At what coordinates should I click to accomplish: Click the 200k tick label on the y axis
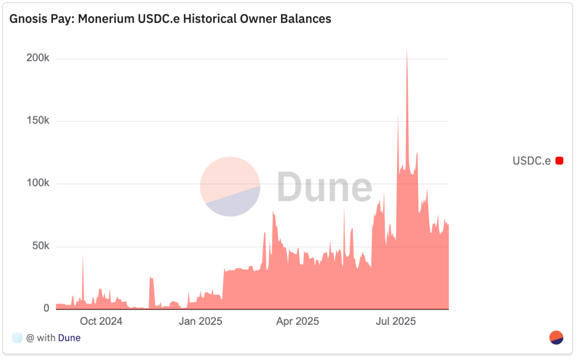pyautogui.click(x=38, y=58)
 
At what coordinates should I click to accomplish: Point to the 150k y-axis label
pyautogui.click(x=38, y=121)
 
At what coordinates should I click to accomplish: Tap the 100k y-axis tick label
pyautogui.click(x=38, y=183)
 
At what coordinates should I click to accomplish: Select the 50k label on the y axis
pyautogui.click(x=40, y=246)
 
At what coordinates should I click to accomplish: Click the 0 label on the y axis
pyautogui.click(x=46, y=308)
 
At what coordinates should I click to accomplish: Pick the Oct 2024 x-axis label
pyautogui.click(x=101, y=321)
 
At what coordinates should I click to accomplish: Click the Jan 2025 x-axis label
pyautogui.click(x=201, y=321)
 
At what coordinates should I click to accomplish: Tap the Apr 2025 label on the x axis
pyautogui.click(x=298, y=321)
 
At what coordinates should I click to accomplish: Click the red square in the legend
pyautogui.click(x=559, y=160)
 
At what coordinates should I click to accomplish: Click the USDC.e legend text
pyautogui.click(x=531, y=160)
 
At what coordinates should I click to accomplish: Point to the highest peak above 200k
pyautogui.click(x=406, y=49)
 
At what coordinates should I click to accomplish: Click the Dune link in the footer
pyautogui.click(x=69, y=337)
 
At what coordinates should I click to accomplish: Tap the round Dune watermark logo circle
pyautogui.click(x=230, y=186)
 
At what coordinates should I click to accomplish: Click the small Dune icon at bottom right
pyautogui.click(x=556, y=337)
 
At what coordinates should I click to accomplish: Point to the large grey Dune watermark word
pyautogui.click(x=324, y=187)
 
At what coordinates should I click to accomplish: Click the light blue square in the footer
pyautogui.click(x=17, y=337)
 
